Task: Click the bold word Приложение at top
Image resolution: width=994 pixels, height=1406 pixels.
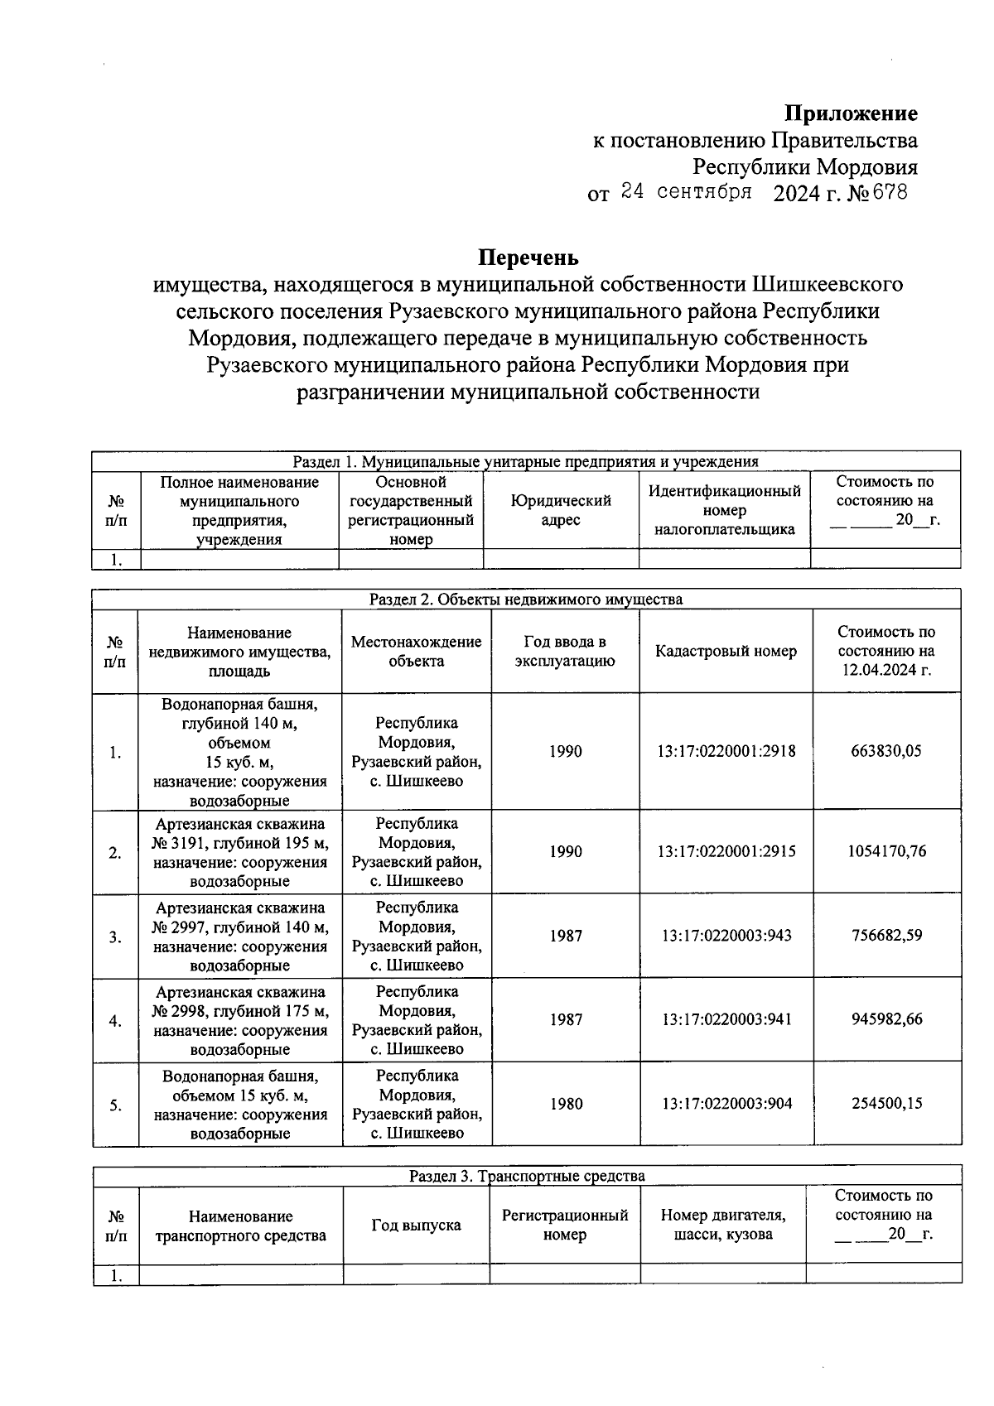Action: point(851,113)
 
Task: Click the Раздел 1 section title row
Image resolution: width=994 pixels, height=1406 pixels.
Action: point(525,461)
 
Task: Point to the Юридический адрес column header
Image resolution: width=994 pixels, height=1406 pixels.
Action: point(561,510)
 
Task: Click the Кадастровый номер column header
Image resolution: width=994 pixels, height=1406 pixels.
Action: point(726,651)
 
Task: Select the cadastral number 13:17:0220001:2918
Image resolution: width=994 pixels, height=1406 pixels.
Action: point(726,751)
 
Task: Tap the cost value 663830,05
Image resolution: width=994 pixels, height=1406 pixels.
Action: point(886,751)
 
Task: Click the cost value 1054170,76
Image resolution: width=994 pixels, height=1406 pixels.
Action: point(886,851)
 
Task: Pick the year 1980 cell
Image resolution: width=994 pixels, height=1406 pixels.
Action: point(565,1104)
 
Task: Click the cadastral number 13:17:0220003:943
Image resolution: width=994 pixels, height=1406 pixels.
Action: point(726,936)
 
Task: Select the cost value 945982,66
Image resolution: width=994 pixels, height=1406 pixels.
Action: point(886,1019)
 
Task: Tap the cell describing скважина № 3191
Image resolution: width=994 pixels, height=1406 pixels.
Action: point(239,852)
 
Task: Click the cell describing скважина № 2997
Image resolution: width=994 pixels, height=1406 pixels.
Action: point(239,937)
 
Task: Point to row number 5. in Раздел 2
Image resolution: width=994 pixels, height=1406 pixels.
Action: point(115,1105)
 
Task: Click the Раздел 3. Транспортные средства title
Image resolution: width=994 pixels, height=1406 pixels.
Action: point(527,1176)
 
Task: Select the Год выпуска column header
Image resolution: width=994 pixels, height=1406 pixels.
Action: point(416,1225)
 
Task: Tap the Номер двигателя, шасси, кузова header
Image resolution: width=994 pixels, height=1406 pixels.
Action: point(722,1225)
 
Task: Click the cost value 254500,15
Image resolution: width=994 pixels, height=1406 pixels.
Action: point(886,1104)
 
